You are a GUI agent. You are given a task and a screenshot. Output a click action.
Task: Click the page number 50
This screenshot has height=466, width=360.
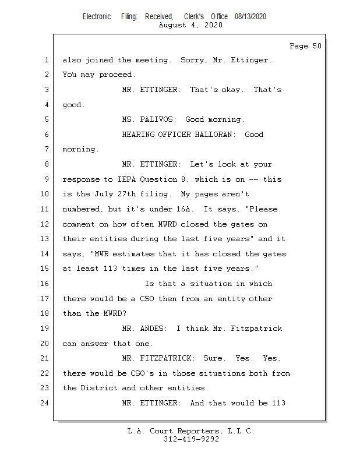coord(316,46)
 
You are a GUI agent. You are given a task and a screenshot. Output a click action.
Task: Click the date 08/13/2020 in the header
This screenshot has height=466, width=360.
coord(250,17)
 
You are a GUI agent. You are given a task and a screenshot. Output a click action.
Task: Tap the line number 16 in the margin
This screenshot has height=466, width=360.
coord(46,284)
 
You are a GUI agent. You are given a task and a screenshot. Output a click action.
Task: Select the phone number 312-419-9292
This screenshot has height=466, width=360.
coord(191,439)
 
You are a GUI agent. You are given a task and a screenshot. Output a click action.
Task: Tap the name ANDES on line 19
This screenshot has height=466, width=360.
coord(156,329)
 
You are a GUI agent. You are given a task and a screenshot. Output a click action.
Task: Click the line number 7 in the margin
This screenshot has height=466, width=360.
coord(46,150)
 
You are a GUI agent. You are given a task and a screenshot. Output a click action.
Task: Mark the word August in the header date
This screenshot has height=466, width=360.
coord(173,25)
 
